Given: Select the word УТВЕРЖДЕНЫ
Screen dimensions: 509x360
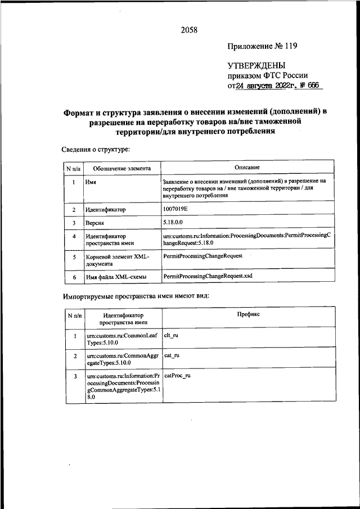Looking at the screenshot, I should pos(256,66).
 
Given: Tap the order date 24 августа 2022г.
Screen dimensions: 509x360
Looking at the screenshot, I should pos(267,86).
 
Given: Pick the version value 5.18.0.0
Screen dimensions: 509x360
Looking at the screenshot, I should pos(174,223).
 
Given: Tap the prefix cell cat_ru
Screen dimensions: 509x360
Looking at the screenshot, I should pos(171,356).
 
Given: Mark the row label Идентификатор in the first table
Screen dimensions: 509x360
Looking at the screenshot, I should pos(106,209).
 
